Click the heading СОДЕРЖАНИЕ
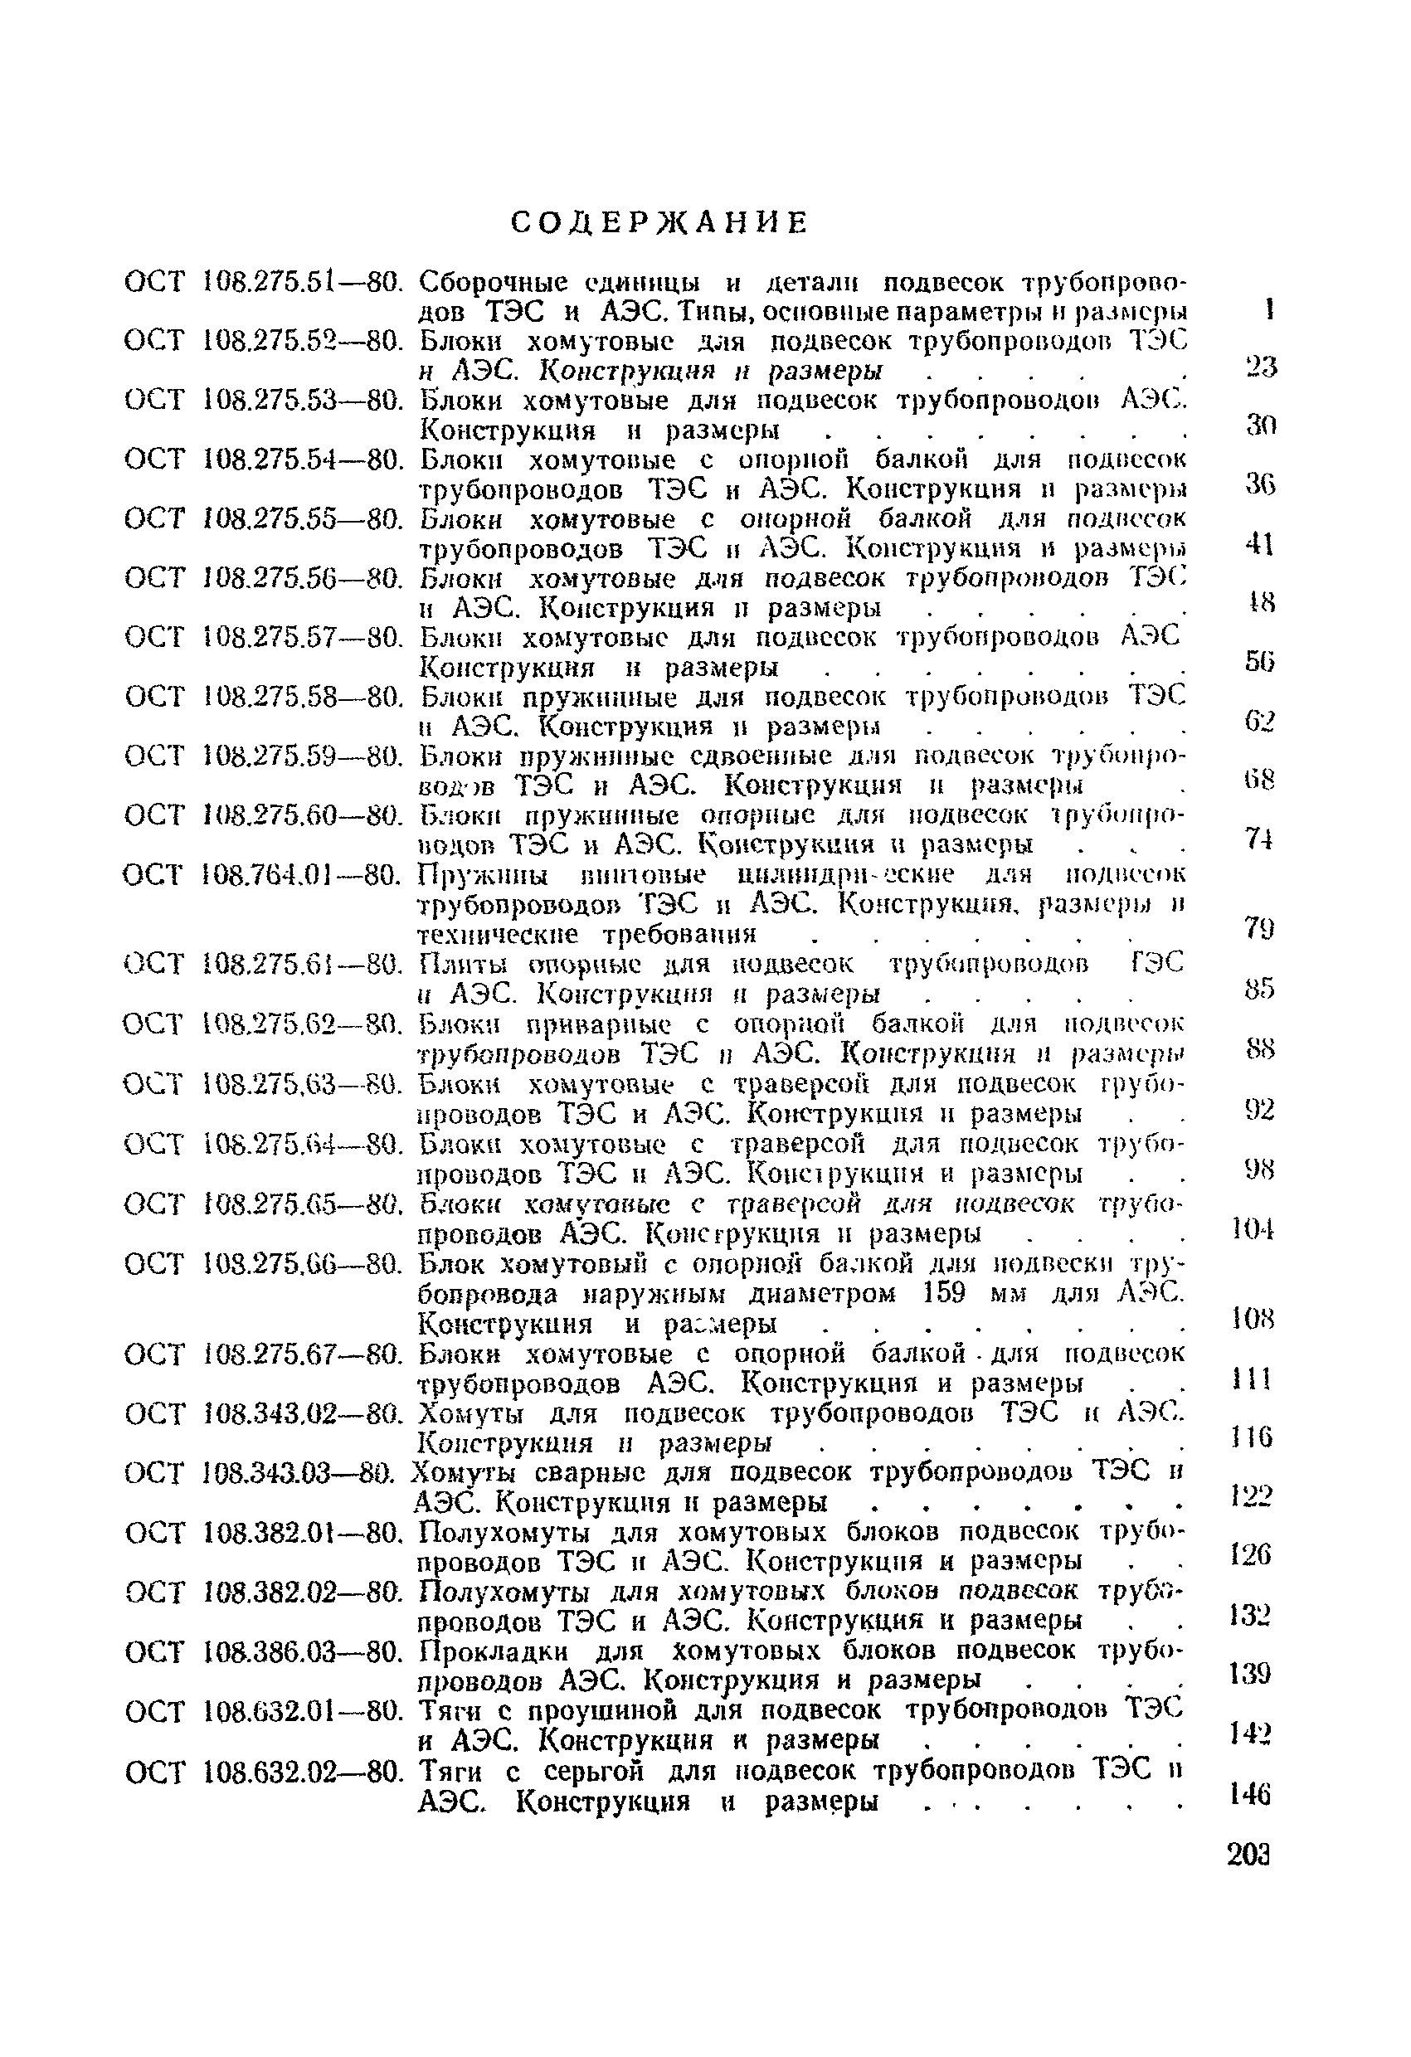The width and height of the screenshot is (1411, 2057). (659, 223)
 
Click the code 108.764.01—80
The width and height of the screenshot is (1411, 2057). (302, 876)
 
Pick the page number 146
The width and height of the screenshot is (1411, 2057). (1250, 1795)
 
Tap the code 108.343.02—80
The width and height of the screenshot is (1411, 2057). (304, 1413)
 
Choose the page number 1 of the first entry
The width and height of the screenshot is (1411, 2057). (1269, 309)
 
